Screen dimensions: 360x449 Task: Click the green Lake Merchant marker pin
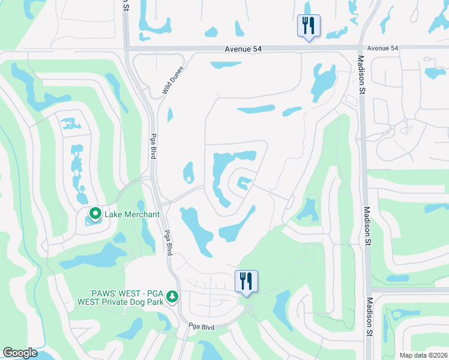95,214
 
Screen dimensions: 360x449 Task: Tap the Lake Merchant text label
132,214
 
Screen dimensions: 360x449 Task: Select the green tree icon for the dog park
173,296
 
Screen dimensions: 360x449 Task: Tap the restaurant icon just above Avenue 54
309,26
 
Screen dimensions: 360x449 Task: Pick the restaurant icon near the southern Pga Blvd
246,281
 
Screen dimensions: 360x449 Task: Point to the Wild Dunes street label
172,80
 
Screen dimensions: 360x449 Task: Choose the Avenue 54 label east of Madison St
382,48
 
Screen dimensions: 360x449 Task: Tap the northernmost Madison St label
362,74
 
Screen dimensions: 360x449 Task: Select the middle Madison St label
366,226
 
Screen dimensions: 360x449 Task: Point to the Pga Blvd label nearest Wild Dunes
154,145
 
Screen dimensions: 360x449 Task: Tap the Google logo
20,352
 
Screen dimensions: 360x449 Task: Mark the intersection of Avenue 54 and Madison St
361,48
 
